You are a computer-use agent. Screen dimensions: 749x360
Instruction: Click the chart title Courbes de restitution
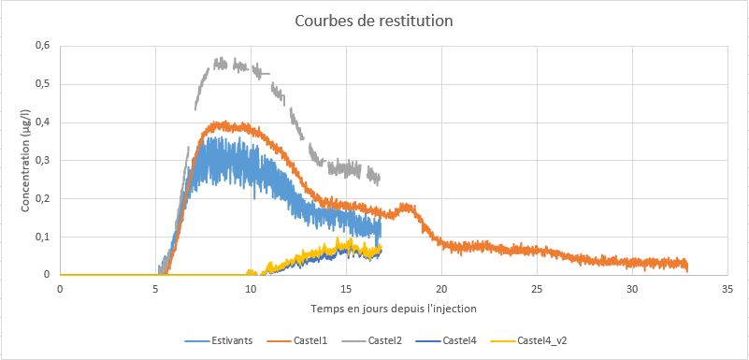(373, 22)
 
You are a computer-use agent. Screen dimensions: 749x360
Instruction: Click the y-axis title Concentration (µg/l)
(25, 162)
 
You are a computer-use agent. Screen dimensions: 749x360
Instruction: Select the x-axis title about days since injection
(394, 309)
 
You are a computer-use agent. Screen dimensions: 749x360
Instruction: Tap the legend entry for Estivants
(218, 341)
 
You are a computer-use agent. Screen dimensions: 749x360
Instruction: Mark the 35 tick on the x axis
(727, 289)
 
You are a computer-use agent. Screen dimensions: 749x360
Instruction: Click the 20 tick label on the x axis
(441, 289)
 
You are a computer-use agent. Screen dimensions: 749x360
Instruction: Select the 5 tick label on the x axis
(155, 289)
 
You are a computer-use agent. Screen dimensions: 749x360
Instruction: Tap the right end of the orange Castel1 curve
(687, 271)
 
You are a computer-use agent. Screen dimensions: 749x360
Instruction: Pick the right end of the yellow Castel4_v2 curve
(382, 247)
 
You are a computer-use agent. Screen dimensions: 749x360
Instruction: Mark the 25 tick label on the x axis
(537, 289)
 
